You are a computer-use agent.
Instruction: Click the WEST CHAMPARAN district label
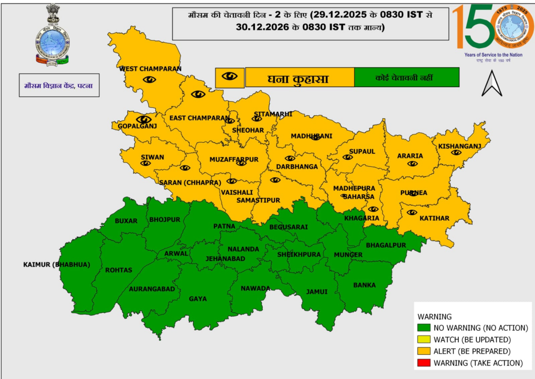point(150,69)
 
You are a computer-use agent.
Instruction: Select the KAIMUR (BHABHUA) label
point(56,265)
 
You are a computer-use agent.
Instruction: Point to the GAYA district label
point(198,299)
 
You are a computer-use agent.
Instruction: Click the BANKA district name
point(364,285)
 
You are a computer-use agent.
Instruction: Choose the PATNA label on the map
point(224,226)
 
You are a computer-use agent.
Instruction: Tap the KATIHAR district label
point(434,218)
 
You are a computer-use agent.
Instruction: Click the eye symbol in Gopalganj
point(144,119)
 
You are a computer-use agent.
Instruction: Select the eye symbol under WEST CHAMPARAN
point(149,79)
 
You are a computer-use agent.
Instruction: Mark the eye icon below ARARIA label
point(412,164)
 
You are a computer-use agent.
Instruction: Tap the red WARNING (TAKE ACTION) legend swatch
point(423,363)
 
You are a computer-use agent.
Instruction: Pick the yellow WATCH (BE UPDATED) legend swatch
point(423,340)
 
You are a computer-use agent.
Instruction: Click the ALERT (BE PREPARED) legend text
point(472,351)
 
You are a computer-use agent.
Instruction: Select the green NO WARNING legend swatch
point(423,328)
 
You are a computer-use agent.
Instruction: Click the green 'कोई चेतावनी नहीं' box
point(407,77)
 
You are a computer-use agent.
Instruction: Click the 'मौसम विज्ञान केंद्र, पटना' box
point(58,85)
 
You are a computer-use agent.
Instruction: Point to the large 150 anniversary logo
point(492,28)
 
